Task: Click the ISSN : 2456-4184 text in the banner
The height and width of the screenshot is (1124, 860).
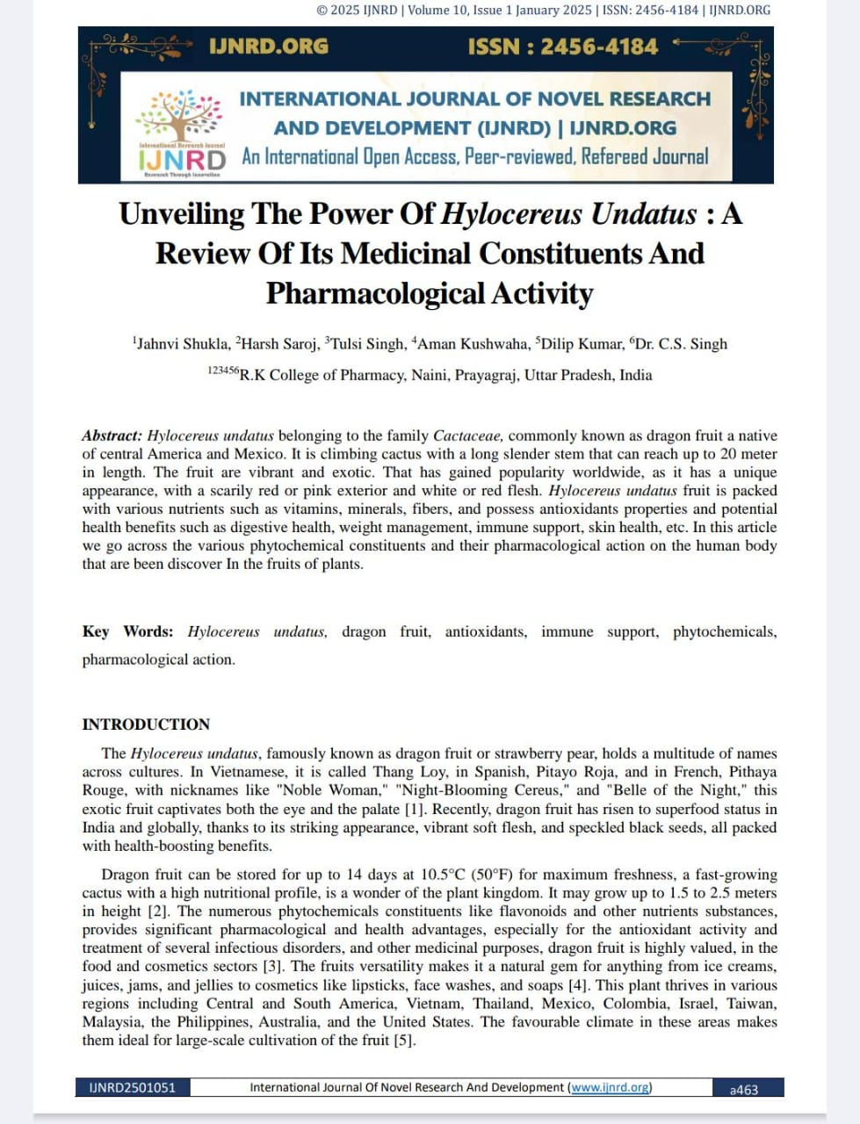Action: coord(562,47)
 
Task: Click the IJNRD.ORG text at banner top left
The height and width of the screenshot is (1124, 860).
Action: coord(268,47)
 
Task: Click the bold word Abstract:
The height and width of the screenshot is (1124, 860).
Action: coord(112,436)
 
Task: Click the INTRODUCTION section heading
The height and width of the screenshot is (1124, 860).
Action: coord(146,724)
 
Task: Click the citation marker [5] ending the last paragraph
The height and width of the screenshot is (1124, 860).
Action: coord(404,1040)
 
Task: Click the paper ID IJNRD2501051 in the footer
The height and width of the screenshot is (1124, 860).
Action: coord(132,1087)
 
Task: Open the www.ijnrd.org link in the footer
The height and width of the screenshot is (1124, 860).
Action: coord(610,1087)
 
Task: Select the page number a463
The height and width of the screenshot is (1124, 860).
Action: coord(744,1089)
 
